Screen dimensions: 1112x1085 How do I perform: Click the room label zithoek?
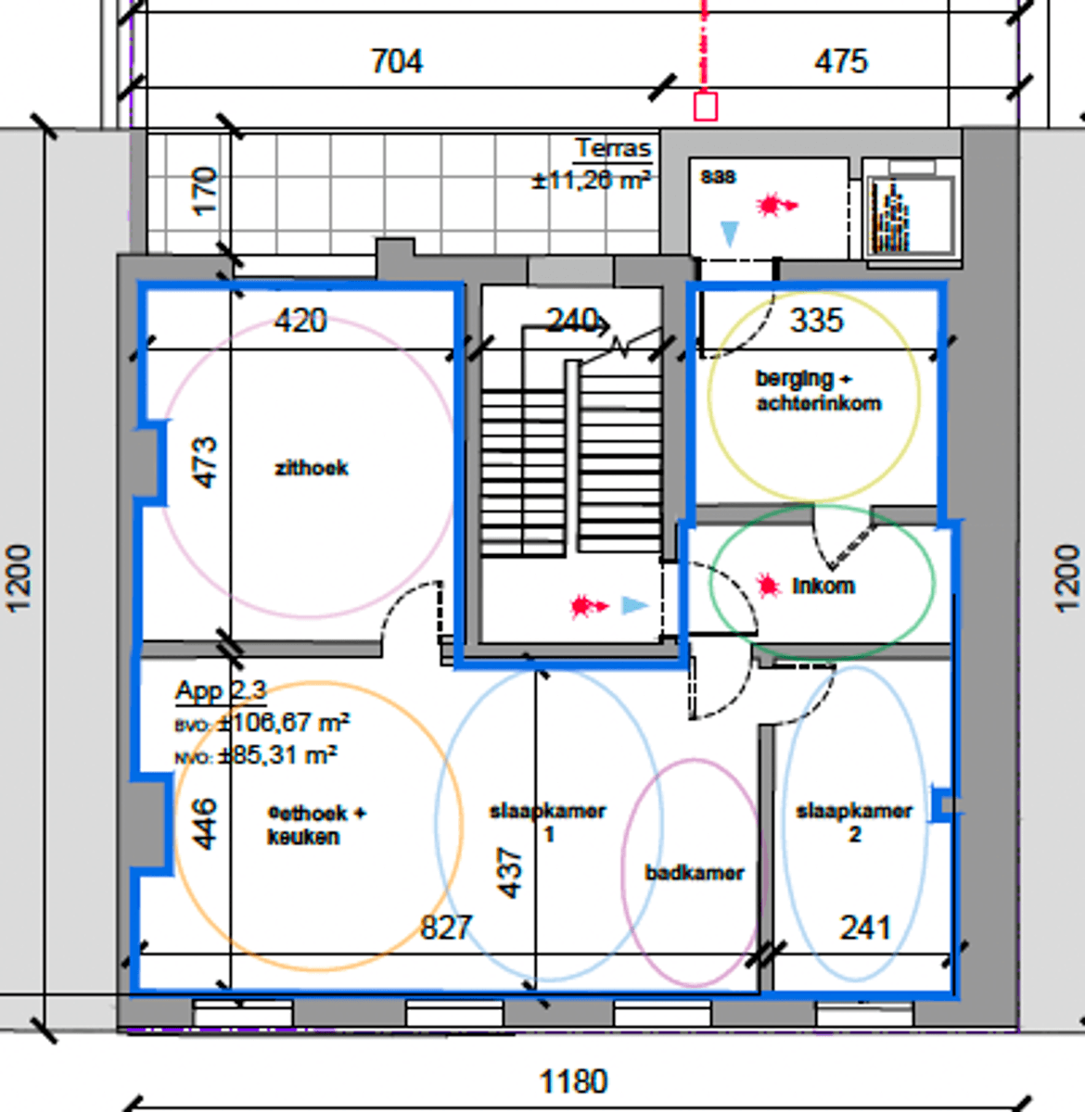click(312, 468)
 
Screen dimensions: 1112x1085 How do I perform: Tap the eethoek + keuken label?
click(315, 825)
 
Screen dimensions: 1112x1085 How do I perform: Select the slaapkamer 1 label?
click(547, 822)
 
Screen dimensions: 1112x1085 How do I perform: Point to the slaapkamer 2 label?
click(854, 822)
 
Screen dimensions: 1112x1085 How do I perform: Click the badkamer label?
click(695, 873)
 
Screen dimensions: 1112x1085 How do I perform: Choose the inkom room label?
click(823, 586)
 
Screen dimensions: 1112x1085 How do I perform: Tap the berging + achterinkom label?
click(817, 391)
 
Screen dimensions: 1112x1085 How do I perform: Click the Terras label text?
click(612, 148)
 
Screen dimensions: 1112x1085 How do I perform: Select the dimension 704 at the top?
click(397, 62)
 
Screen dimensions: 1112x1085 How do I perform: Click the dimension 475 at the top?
click(840, 62)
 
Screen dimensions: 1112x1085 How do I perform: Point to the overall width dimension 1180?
click(573, 1081)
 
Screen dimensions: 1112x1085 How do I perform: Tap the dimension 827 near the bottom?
click(446, 928)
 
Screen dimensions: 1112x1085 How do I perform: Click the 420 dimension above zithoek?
click(300, 321)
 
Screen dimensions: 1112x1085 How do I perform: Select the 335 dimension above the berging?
click(816, 321)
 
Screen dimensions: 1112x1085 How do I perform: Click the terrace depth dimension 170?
click(204, 190)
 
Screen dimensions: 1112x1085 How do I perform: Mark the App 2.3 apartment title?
click(221, 690)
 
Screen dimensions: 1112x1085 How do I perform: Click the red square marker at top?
click(706, 107)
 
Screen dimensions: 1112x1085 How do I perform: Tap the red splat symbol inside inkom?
click(767, 586)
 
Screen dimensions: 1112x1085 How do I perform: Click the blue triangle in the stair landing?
click(634, 606)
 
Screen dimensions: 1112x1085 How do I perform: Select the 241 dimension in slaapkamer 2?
click(864, 928)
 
